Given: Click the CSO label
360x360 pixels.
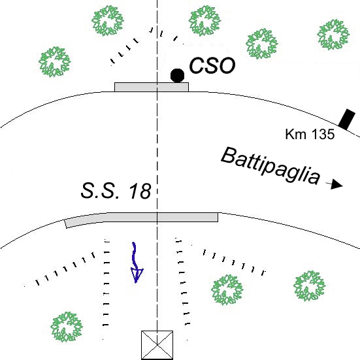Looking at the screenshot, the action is tap(212, 66).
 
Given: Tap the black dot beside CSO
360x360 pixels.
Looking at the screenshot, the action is tap(178, 75).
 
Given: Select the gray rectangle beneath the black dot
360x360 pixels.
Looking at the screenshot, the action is tap(152, 87).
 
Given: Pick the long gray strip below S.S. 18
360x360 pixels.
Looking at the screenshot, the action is tap(141, 220).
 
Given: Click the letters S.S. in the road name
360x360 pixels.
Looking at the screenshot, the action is tap(100, 191).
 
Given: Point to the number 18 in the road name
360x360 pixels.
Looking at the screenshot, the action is tap(140, 191).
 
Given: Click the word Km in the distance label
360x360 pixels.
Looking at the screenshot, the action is tap(293, 134).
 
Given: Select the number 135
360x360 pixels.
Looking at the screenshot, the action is tap(323, 134).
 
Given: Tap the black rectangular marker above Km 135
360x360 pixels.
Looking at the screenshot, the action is tap(347, 120).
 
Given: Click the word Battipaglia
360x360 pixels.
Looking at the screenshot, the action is tap(270, 166).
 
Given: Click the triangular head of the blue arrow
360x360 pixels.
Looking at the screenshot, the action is tap(137, 275).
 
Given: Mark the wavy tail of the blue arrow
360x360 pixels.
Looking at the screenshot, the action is tap(135, 255).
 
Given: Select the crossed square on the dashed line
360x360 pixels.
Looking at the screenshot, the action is tap(157, 345).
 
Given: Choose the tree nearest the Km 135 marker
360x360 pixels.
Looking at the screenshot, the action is tap(333, 35).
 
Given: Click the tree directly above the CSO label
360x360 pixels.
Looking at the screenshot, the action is tap(205, 21).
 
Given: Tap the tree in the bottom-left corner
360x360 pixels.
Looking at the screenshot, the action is tap(67, 327).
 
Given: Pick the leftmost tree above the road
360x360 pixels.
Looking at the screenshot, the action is tap(55, 62).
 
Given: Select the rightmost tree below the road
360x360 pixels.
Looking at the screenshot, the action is tap(310, 286).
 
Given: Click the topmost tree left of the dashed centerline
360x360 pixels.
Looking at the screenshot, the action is tap(108, 21).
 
